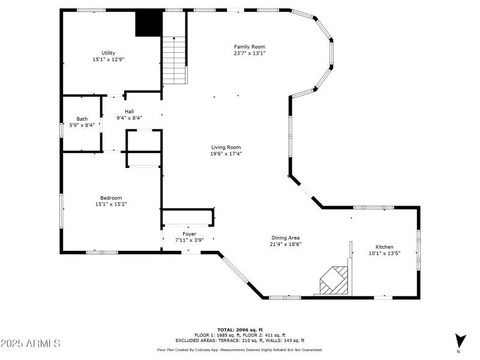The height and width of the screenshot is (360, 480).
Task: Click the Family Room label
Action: click(x=250, y=47)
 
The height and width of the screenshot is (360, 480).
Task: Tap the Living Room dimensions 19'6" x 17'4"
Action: click(x=226, y=154)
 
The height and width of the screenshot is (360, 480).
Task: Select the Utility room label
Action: click(x=109, y=53)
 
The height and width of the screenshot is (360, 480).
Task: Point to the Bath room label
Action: click(x=82, y=119)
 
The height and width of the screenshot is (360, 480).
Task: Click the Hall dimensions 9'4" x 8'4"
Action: click(x=129, y=118)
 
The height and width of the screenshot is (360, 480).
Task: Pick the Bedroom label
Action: click(x=111, y=198)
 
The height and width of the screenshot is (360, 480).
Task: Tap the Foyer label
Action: click(x=189, y=234)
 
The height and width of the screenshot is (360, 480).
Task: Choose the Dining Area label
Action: click(x=286, y=238)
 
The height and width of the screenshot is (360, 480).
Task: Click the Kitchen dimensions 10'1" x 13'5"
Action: click(x=385, y=253)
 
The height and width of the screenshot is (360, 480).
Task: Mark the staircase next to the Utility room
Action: click(x=174, y=61)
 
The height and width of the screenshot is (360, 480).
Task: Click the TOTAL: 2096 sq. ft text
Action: click(x=240, y=329)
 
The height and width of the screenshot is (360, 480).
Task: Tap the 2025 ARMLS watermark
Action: click(x=31, y=343)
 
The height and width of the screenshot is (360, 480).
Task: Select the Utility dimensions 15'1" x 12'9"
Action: click(x=109, y=59)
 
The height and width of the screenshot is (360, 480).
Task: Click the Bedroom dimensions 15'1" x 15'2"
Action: click(x=111, y=204)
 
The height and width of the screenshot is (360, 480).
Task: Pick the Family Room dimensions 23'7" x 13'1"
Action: click(x=250, y=53)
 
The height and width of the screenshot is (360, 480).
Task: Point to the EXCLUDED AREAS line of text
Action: click(x=240, y=340)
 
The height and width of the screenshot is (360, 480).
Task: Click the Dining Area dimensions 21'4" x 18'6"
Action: click(x=286, y=244)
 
